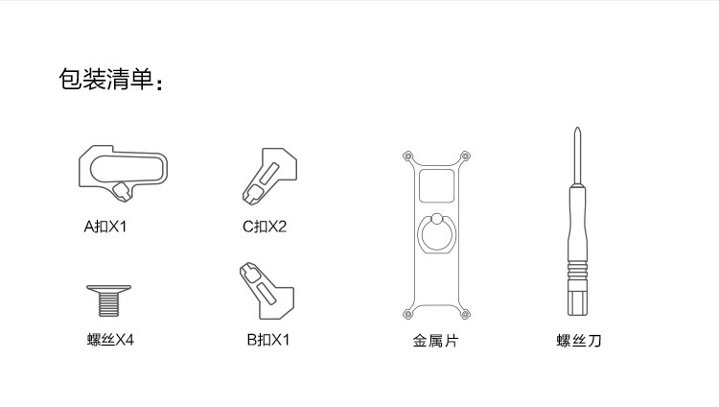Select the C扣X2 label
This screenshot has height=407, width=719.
265,227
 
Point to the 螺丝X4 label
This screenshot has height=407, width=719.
110,339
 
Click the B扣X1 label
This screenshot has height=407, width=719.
267,339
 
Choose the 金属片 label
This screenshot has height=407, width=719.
436,339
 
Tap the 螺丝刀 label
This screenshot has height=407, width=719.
579,339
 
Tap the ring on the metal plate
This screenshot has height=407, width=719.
436,233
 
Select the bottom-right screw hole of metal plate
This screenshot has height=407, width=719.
465,313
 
